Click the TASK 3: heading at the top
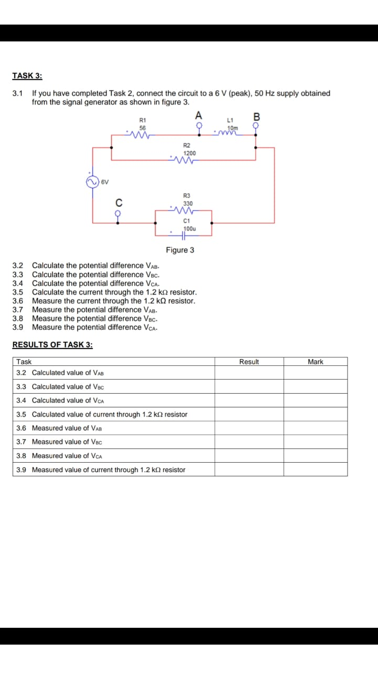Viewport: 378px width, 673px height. click(x=27, y=76)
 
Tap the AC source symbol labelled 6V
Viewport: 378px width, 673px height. click(x=92, y=182)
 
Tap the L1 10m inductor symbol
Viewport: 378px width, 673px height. click(x=230, y=132)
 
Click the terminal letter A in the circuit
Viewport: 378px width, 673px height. click(x=198, y=116)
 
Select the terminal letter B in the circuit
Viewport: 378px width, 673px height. click(x=257, y=116)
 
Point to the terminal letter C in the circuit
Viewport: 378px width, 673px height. click(x=119, y=202)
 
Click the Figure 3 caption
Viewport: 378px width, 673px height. click(x=180, y=250)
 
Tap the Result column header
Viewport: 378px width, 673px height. click(x=249, y=362)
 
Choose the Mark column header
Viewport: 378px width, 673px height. click(x=316, y=362)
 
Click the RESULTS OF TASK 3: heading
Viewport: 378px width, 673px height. click(x=52, y=345)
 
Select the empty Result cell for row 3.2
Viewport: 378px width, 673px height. click(x=249, y=373)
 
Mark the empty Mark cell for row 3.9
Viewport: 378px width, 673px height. click(x=316, y=470)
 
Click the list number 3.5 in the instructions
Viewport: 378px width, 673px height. click(x=18, y=292)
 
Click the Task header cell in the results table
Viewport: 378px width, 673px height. click(x=24, y=362)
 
